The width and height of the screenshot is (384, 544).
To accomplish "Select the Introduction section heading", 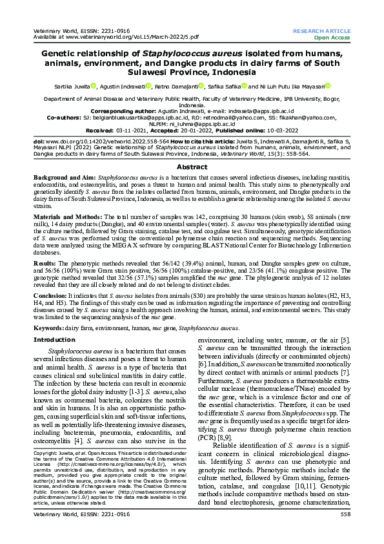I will pos(54,339).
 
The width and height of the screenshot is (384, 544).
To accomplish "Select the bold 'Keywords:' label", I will pos(51,328).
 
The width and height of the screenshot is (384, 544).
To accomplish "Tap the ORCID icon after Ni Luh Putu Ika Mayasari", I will pos(327,85).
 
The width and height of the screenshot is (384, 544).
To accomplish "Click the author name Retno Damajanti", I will pos(176,85).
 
